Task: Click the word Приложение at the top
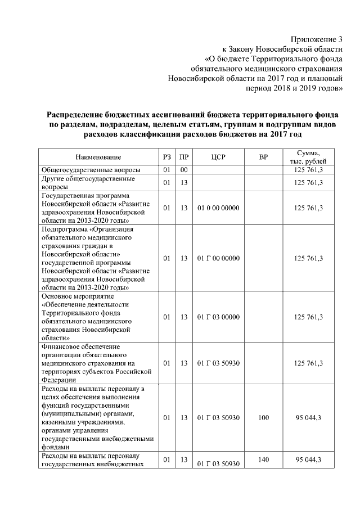tap(312, 39)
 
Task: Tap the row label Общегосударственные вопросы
tap(90, 169)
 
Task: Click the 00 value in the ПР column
tap(183, 169)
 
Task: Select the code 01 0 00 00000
tap(219, 208)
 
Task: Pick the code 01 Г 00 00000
tap(219, 258)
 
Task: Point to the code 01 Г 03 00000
tap(219, 317)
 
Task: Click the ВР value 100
tap(263, 418)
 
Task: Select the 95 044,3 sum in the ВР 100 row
tap(308, 418)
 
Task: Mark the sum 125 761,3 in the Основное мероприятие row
tap(308, 317)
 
